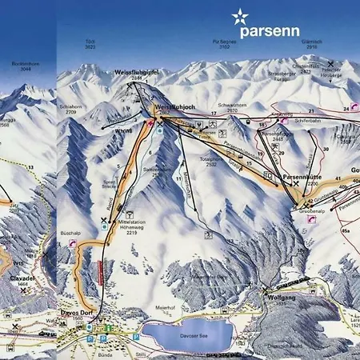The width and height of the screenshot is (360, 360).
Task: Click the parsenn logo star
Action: tap(240, 16)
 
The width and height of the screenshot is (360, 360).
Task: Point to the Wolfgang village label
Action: tap(275, 297)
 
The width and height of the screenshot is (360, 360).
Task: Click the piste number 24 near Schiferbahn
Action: tap(346, 106)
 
